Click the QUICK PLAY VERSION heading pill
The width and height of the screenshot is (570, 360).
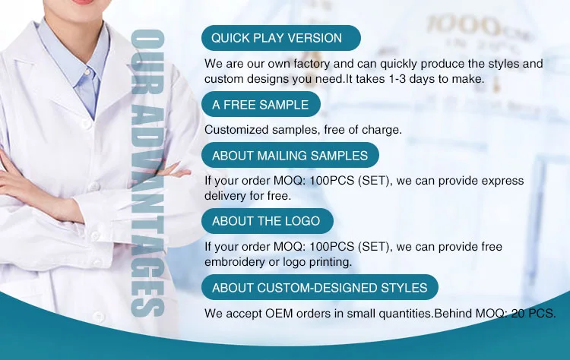(x=281, y=38)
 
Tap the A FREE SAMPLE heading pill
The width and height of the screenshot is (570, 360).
(x=261, y=104)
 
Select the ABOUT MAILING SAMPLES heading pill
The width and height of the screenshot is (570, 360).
(x=290, y=155)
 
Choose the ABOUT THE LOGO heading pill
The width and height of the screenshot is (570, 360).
(x=268, y=221)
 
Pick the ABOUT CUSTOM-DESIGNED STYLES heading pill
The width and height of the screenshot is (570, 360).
(x=320, y=287)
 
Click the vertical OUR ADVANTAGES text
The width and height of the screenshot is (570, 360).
(x=147, y=173)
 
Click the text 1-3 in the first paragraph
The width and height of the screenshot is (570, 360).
(x=397, y=79)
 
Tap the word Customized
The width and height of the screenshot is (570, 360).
(x=236, y=130)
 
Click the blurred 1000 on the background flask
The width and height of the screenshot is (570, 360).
(x=463, y=25)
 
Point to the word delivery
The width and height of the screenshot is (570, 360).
(x=225, y=196)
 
